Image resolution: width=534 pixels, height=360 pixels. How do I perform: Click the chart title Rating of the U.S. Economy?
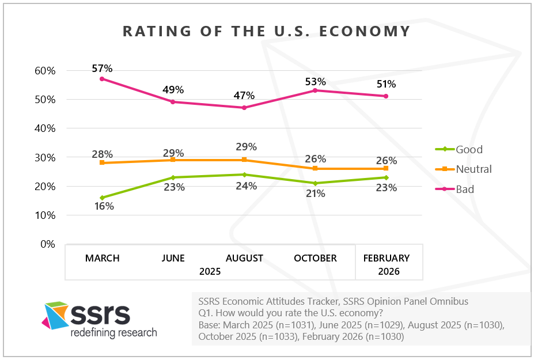coord(266,31)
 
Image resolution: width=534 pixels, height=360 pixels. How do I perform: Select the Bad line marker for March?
coord(102,79)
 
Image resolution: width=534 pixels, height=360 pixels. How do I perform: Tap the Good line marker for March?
coord(102,198)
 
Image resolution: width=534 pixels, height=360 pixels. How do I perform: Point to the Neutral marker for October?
coord(315,169)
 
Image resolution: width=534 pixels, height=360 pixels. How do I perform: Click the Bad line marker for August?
coord(244,108)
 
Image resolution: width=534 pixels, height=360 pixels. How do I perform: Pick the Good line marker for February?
coord(386,177)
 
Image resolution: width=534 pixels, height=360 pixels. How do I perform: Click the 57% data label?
coord(102,69)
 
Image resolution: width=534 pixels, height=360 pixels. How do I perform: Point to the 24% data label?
coord(244,185)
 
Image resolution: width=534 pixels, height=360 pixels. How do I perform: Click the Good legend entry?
coord(469,149)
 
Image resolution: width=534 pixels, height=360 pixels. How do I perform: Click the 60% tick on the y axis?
coord(44,71)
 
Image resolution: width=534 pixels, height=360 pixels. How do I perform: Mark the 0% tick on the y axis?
coord(47,244)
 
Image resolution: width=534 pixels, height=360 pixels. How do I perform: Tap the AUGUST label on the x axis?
coord(244,258)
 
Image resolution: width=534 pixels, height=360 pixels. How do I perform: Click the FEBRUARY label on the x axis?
coord(386,258)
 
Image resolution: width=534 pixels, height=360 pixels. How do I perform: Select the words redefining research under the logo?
coord(113,332)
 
